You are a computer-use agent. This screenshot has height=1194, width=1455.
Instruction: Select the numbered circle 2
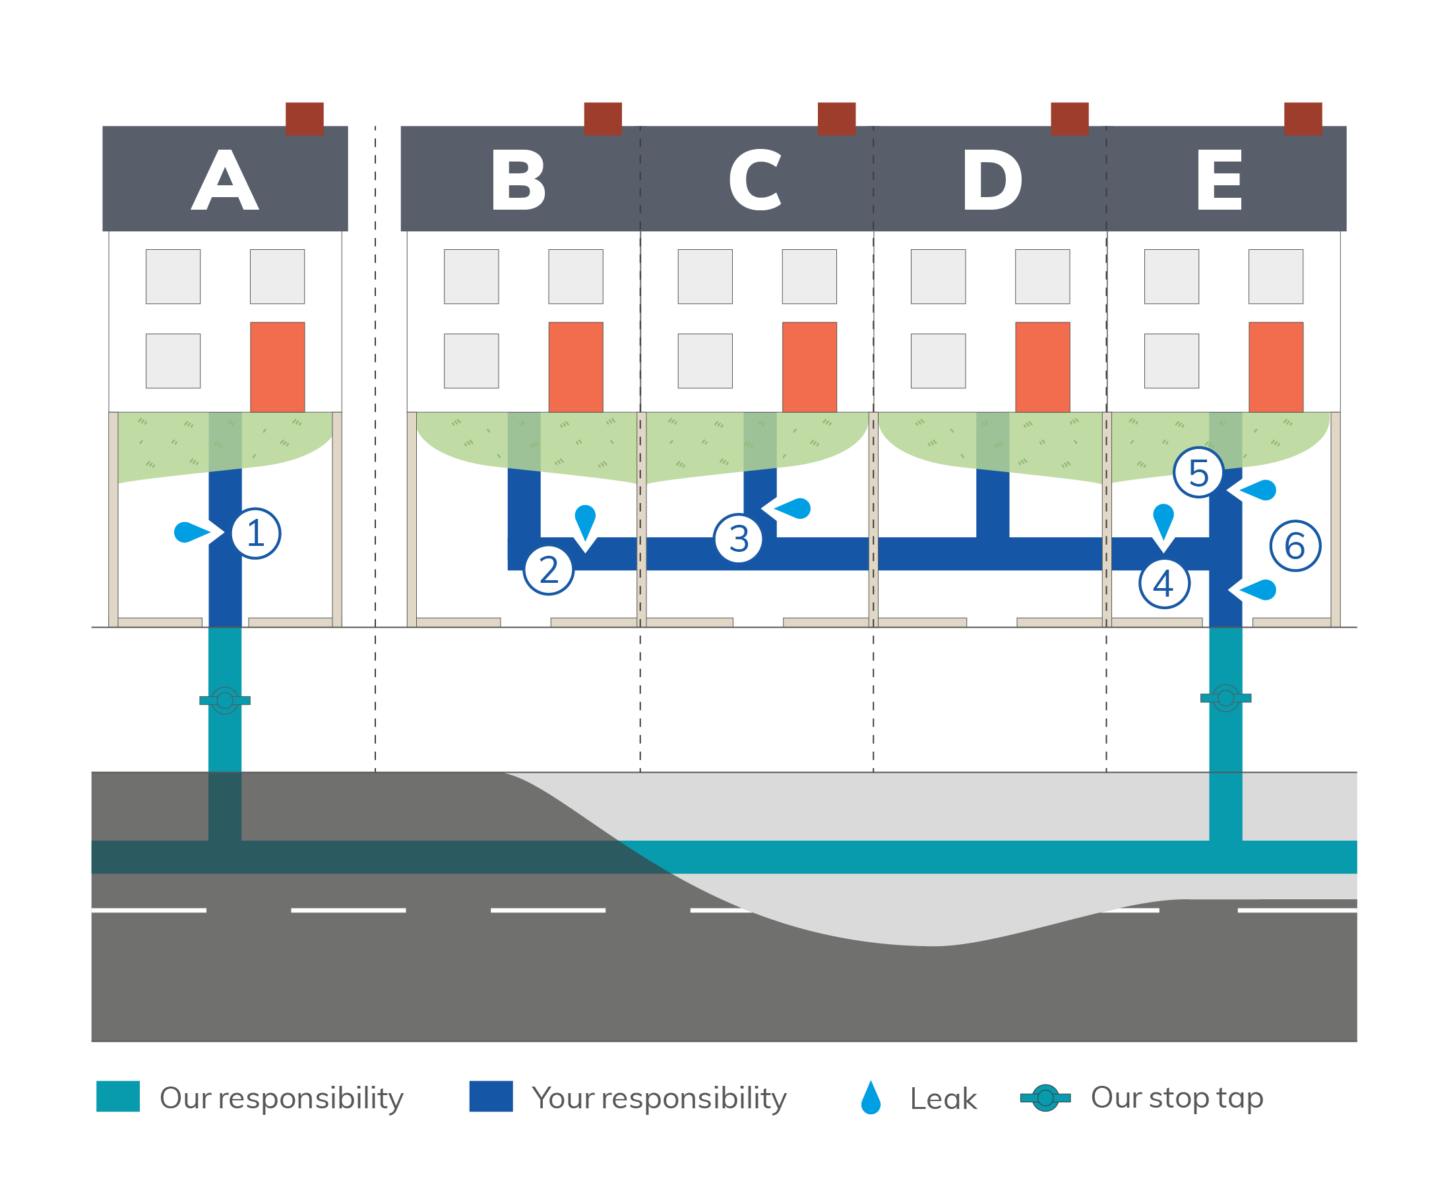click(548, 570)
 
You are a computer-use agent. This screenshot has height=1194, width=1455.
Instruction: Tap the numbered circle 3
click(738, 538)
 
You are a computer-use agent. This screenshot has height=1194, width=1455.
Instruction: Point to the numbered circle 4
click(1164, 583)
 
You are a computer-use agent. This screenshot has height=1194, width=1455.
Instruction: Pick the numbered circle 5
click(1198, 473)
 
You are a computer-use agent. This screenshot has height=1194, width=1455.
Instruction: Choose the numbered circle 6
click(1295, 545)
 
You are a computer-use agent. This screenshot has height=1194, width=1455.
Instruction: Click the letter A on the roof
click(225, 180)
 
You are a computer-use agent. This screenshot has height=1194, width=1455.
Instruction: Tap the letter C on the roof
click(755, 180)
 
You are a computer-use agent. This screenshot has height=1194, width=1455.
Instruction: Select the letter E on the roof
click(1219, 180)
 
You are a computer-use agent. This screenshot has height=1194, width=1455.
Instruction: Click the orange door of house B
click(575, 367)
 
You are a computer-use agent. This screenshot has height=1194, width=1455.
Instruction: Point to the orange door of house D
click(1042, 367)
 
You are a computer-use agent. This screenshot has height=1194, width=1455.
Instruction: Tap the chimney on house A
click(304, 118)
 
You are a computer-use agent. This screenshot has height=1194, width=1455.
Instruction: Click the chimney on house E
click(1302, 118)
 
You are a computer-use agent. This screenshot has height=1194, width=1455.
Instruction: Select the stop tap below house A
click(224, 700)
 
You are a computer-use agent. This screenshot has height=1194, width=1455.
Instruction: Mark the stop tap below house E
click(1225, 698)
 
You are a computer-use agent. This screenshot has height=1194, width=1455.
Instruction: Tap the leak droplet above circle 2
click(585, 522)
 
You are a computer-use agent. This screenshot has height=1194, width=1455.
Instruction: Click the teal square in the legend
click(117, 1096)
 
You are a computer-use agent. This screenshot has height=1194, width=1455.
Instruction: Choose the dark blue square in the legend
click(491, 1096)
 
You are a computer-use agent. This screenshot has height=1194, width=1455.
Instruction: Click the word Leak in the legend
click(943, 1098)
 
